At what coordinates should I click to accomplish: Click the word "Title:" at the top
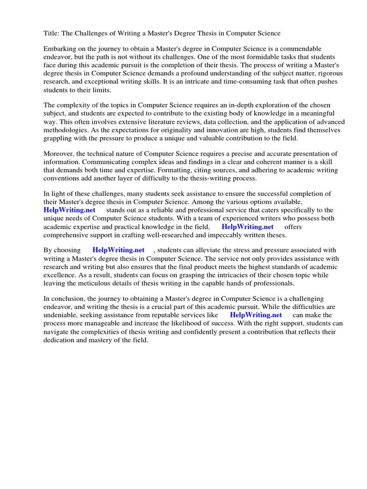pyautogui.click(x=52, y=33)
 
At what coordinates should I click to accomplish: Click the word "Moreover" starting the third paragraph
pyautogui.click(x=59, y=153)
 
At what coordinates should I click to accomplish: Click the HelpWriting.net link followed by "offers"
pyautogui.click(x=248, y=227)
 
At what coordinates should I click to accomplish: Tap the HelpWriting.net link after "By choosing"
pyautogui.click(x=119, y=250)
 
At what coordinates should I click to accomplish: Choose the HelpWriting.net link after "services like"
pyautogui.click(x=256, y=315)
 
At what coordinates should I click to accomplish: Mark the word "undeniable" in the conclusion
pyautogui.click(x=62, y=315)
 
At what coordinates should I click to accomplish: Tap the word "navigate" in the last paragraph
pyautogui.click(x=57, y=332)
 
